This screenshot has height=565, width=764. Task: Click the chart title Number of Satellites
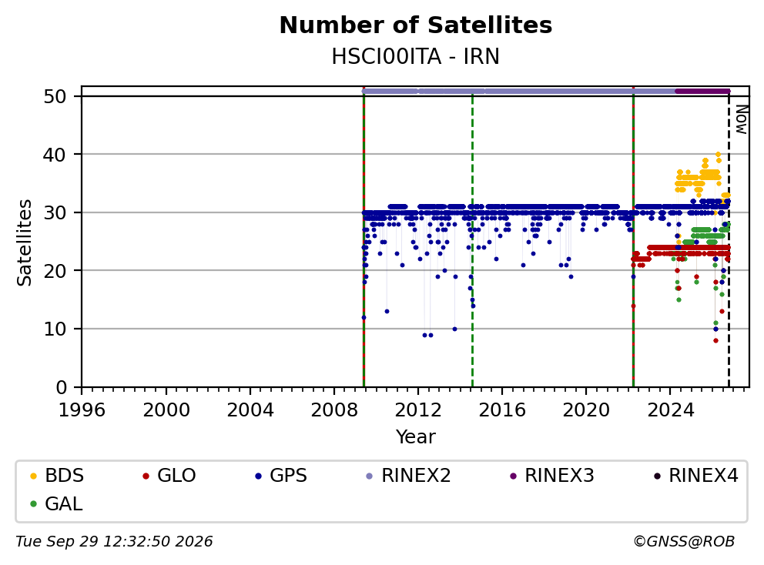click(416, 25)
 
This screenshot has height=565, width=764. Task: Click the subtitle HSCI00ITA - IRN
click(416, 57)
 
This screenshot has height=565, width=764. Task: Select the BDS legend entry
click(57, 476)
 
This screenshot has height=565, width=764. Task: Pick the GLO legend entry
click(169, 476)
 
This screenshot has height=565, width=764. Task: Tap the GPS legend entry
click(281, 476)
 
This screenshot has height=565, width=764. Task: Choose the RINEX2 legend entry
click(408, 476)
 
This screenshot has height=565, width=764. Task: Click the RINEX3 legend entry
click(551, 476)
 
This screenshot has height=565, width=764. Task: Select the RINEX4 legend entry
click(695, 476)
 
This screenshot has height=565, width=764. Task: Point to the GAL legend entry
click(56, 504)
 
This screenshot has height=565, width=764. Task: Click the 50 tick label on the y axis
click(55, 96)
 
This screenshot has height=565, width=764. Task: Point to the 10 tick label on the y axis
click(55, 329)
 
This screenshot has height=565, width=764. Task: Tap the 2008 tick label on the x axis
click(334, 410)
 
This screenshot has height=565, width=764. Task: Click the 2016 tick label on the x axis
click(502, 410)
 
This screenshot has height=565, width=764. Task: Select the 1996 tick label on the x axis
click(82, 410)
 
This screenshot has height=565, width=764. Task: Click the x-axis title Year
click(416, 437)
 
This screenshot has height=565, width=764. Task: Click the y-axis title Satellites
click(25, 242)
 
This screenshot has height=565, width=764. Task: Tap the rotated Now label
click(741, 120)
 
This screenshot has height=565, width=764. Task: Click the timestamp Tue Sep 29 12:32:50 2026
click(115, 541)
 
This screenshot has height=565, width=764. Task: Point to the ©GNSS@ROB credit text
click(684, 541)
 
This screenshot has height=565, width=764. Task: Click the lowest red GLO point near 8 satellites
click(715, 340)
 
